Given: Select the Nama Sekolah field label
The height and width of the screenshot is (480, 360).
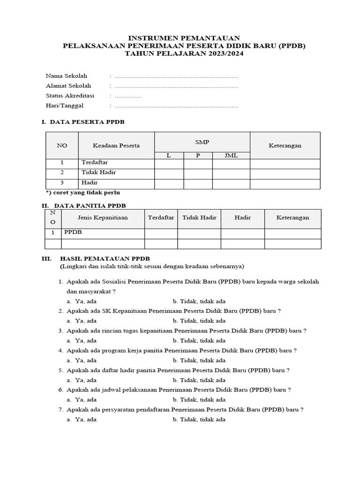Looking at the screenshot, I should point(66,75).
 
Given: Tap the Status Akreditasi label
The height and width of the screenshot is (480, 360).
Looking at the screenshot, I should point(70,96).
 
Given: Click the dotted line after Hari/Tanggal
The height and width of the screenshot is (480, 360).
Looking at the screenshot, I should point(176,106).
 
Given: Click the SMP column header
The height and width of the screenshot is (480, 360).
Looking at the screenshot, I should point(202,142).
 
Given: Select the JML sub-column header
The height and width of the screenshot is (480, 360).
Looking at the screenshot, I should point(231,156).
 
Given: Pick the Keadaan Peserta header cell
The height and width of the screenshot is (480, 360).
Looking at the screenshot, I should point(116,145).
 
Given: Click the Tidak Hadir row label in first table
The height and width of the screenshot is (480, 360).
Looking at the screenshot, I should point(98,172).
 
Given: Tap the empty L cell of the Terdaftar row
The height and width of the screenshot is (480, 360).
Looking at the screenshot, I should point(169,163).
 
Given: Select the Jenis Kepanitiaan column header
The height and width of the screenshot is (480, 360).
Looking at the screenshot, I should point(102,217).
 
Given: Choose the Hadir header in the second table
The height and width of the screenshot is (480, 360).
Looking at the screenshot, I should point(242,217).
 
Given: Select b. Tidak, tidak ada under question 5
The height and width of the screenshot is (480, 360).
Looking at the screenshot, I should point(199,380).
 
